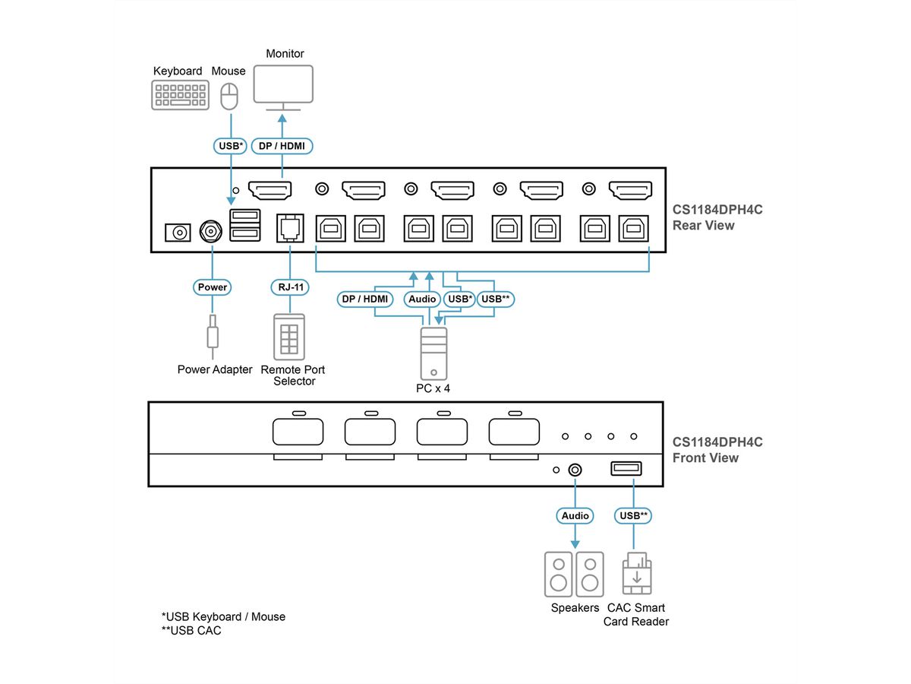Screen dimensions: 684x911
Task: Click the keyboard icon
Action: point(180,96)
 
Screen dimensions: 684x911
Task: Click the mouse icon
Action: point(229,97)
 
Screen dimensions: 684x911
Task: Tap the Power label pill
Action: point(213,287)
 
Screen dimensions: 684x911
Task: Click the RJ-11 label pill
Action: point(289,287)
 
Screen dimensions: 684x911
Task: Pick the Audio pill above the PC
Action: point(422,299)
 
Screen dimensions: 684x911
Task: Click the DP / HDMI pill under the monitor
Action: point(282,145)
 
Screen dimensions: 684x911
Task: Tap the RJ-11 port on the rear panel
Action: point(289,226)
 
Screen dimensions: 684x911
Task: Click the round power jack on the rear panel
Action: point(210,231)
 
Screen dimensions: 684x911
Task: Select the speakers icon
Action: point(574,575)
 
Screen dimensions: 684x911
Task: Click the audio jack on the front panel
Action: point(575,470)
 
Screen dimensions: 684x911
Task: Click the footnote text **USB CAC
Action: point(191,631)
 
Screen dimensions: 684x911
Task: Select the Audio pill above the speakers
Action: point(575,516)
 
